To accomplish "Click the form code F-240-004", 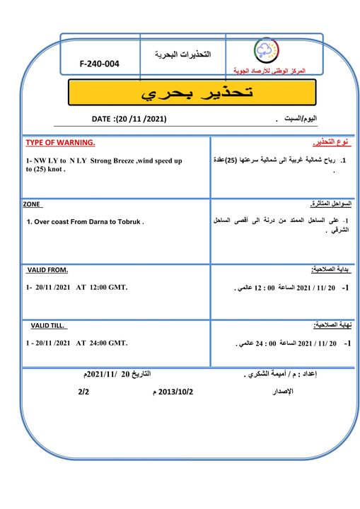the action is [100, 64].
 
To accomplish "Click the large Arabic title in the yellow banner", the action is [191, 93].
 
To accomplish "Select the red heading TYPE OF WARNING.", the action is [60, 142].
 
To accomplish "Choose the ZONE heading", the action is [32, 204].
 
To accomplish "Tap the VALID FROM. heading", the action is [47, 270].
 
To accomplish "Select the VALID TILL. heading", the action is [48, 325].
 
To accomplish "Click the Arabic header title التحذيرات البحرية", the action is [182, 54].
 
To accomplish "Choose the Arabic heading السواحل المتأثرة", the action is [331, 204].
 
